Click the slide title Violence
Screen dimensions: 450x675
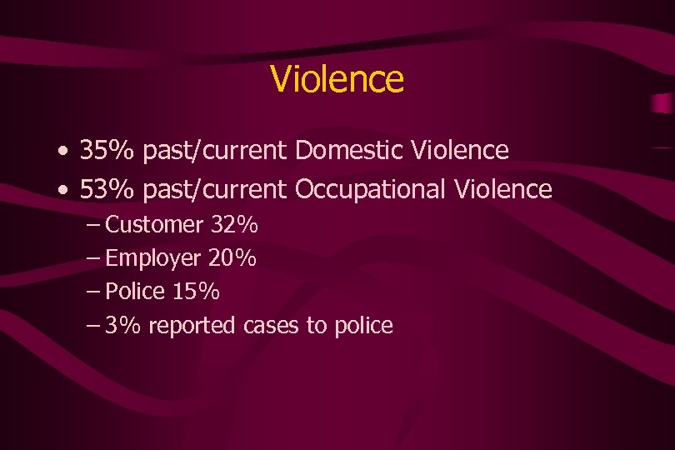tap(337, 80)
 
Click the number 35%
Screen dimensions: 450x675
tap(107, 151)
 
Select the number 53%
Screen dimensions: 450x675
tap(107, 190)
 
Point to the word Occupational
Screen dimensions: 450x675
tap(371, 190)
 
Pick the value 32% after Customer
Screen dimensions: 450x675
tap(233, 225)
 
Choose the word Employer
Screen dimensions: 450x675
tap(153, 259)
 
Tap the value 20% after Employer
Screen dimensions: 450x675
tap(232, 258)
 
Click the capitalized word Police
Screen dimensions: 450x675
tap(137, 292)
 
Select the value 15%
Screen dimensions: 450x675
tap(197, 292)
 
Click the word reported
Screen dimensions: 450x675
tap(192, 326)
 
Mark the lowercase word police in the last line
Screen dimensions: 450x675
tap(362, 326)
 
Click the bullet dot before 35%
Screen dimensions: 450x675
tap(64, 152)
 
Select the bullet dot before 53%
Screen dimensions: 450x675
tap(64, 192)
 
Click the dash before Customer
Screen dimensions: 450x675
tap(93, 225)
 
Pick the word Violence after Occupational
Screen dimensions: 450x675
tap(503, 190)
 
